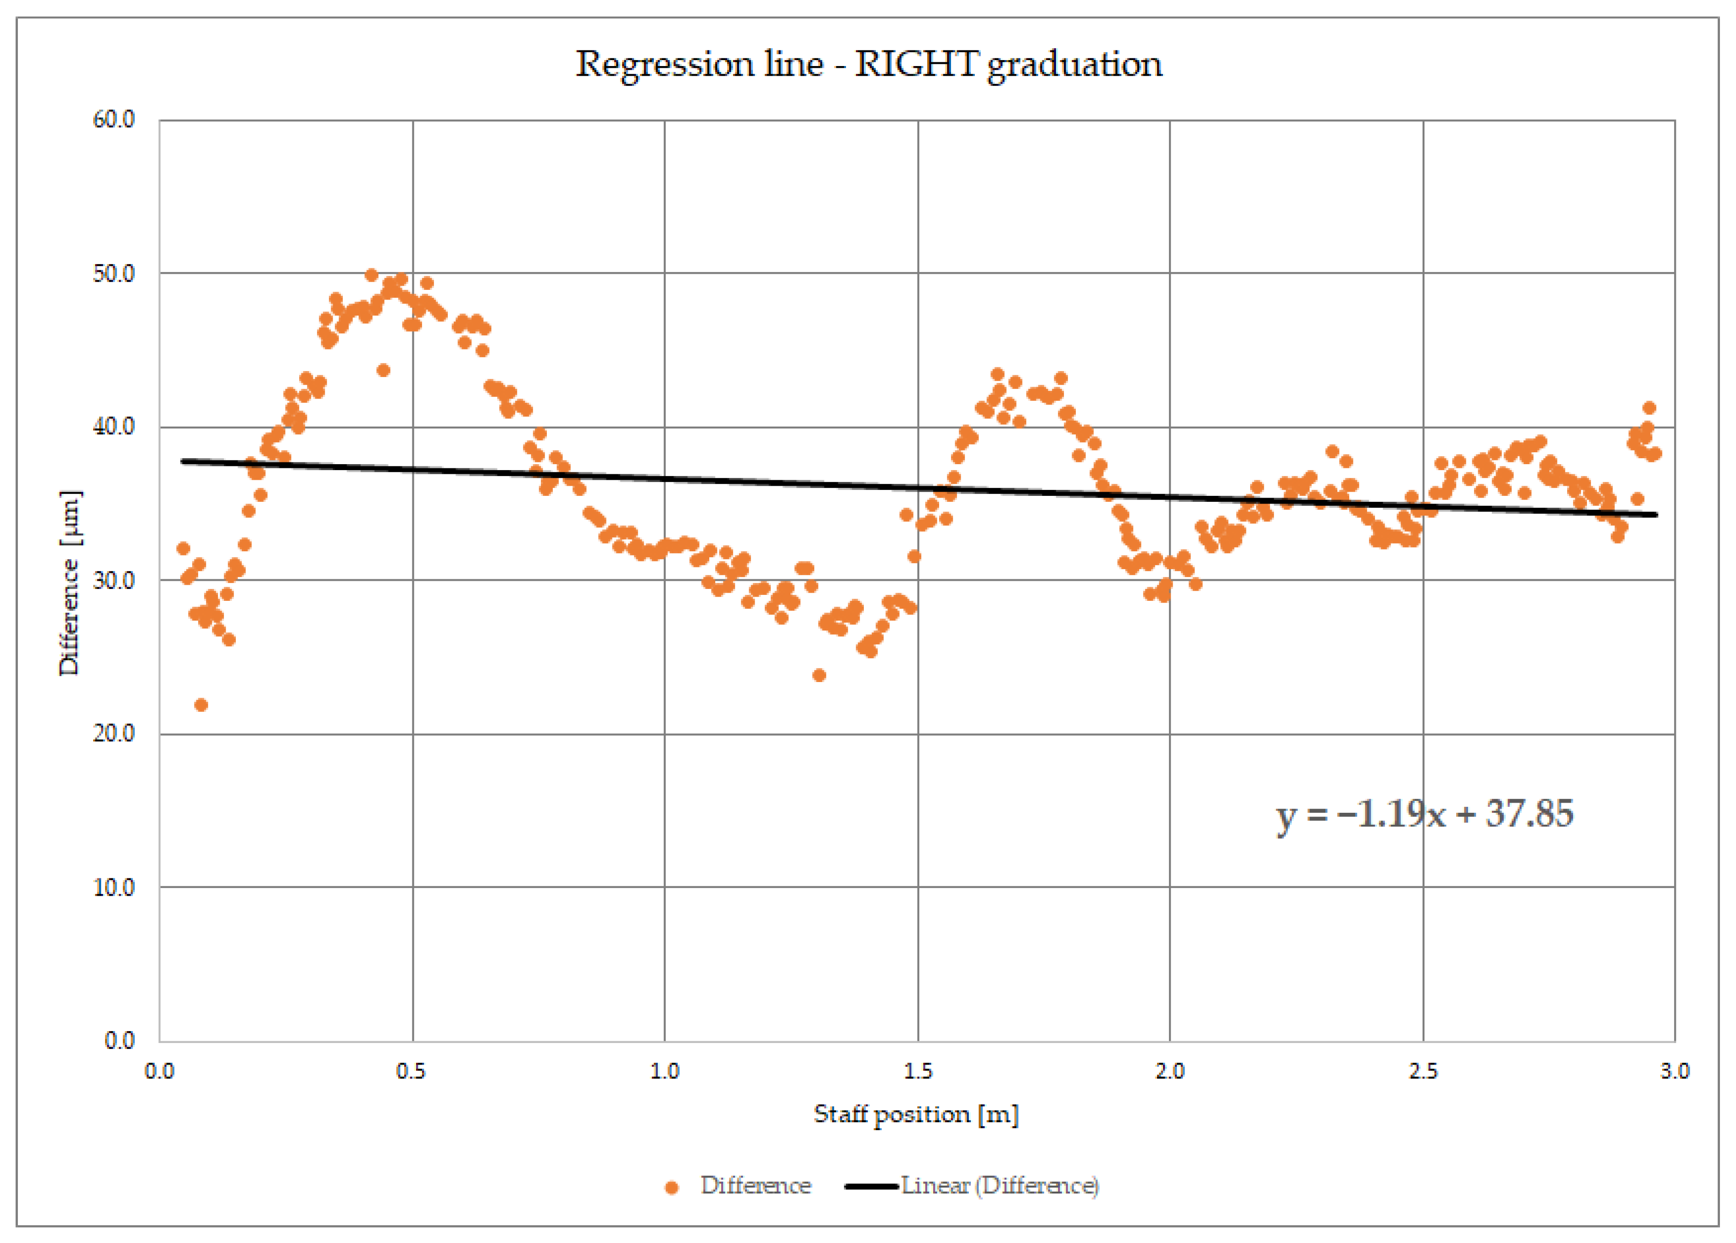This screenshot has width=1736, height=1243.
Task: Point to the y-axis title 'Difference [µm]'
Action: (x=70, y=582)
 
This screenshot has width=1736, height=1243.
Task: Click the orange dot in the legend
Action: (x=671, y=1187)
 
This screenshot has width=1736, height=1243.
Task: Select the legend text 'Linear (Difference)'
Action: (x=1000, y=1186)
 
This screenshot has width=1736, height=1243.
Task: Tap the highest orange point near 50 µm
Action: (x=371, y=275)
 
